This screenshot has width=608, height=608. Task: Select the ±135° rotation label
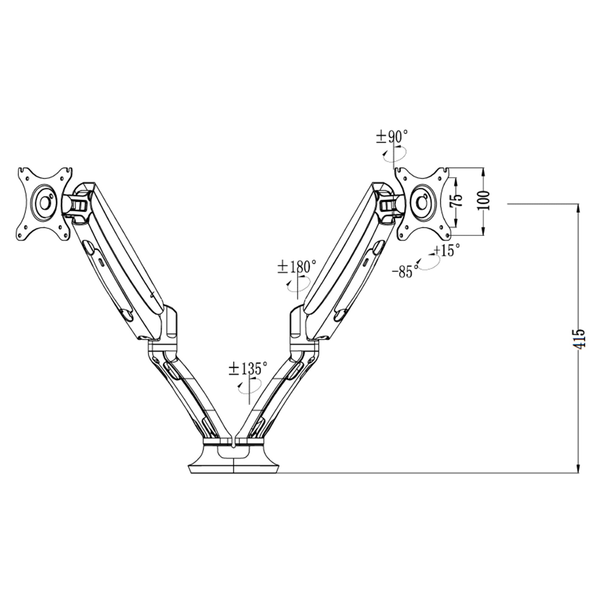[x=248, y=368]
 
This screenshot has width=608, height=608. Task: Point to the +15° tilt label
[x=447, y=250]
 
